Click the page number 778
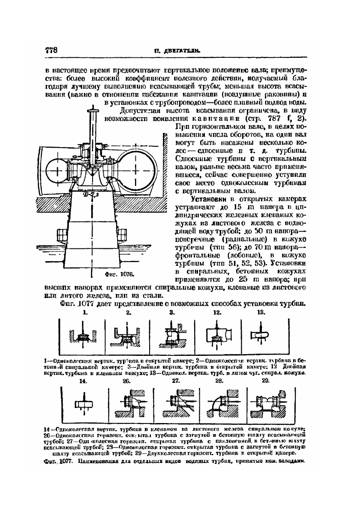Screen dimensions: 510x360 click(51, 50)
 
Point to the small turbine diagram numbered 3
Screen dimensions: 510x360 click(172, 335)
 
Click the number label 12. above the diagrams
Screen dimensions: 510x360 click(217, 313)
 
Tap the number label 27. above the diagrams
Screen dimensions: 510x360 click(176, 381)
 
